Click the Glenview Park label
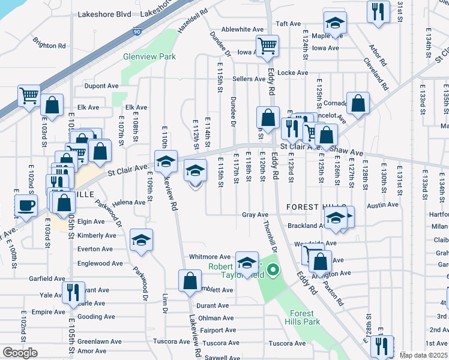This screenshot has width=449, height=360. [x=149, y=56]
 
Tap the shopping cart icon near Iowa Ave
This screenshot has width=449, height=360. [x=267, y=45]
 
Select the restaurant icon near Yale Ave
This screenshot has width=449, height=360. [x=73, y=292]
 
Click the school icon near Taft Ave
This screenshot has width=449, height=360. [x=334, y=23]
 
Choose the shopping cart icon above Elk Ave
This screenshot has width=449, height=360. [x=28, y=95]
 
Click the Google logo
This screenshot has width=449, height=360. [x=20, y=353]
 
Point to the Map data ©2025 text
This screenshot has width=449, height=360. [x=423, y=355]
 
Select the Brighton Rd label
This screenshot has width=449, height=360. [x=49, y=46]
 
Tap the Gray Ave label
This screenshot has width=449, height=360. [x=255, y=214]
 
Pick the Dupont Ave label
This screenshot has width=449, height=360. [x=101, y=86]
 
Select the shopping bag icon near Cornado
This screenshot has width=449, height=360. [x=358, y=104]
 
